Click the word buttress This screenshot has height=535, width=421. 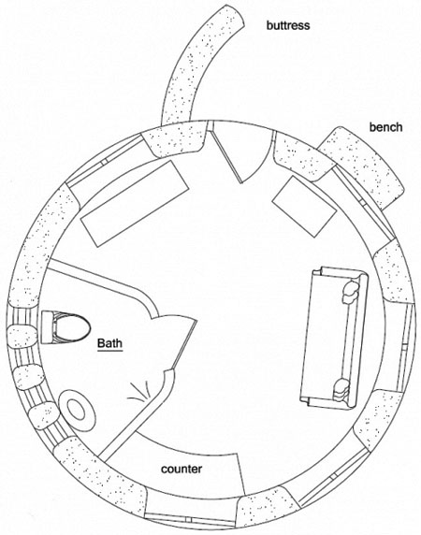[288, 25]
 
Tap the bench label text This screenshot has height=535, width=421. [385, 127]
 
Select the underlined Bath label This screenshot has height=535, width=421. [109, 343]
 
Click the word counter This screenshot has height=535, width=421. [181, 470]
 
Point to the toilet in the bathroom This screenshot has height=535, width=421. [65, 327]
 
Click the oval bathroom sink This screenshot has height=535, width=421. [76, 411]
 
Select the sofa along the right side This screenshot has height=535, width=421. [334, 337]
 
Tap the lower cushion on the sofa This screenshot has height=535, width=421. [341, 390]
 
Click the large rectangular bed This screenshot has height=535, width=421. [135, 204]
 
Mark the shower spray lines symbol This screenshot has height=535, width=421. [140, 391]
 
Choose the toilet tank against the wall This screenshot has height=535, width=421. [47, 327]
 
